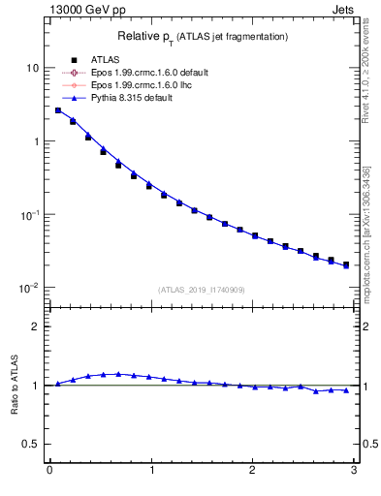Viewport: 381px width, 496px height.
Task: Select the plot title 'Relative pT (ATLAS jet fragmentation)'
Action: point(203,36)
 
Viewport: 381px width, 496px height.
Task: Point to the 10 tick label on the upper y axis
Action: point(31,68)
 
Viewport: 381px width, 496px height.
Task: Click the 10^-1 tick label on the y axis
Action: point(28,215)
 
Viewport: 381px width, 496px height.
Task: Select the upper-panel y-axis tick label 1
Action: point(35,141)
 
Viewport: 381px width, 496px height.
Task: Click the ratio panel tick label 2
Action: point(35,326)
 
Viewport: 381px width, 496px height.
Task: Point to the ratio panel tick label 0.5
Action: point(30,445)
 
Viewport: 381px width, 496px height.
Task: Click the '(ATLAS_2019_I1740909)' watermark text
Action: point(201,290)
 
